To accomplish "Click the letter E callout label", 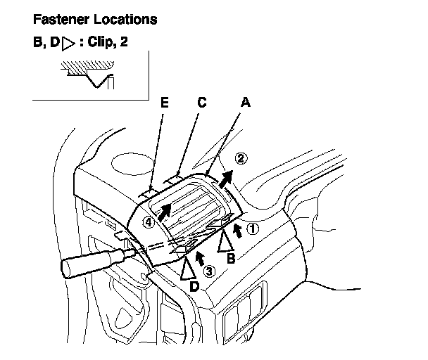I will [164, 102].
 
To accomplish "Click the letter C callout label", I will [201, 102].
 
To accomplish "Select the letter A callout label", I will [245, 102].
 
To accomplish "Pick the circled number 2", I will [241, 159].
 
